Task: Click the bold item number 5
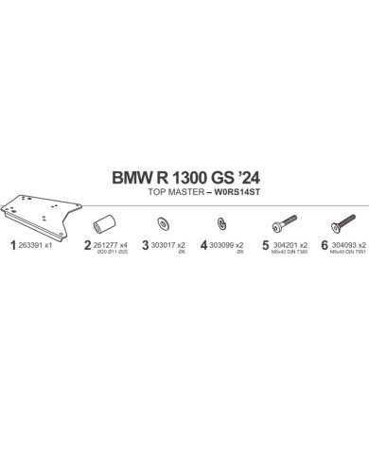(x=265, y=245)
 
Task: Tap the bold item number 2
(x=87, y=245)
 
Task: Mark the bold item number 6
(x=324, y=245)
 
